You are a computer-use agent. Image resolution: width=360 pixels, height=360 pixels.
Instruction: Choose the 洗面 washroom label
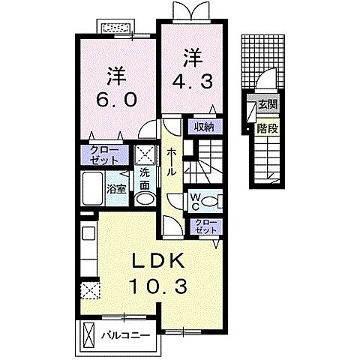click(144, 178)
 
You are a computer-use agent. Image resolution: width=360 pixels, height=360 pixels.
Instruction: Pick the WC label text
click(193, 200)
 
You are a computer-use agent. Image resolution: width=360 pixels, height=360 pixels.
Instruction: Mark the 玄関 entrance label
click(268, 104)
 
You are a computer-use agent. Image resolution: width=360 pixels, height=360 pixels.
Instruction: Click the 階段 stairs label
click(268, 127)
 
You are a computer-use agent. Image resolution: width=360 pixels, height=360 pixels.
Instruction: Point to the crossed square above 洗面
click(145, 155)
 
